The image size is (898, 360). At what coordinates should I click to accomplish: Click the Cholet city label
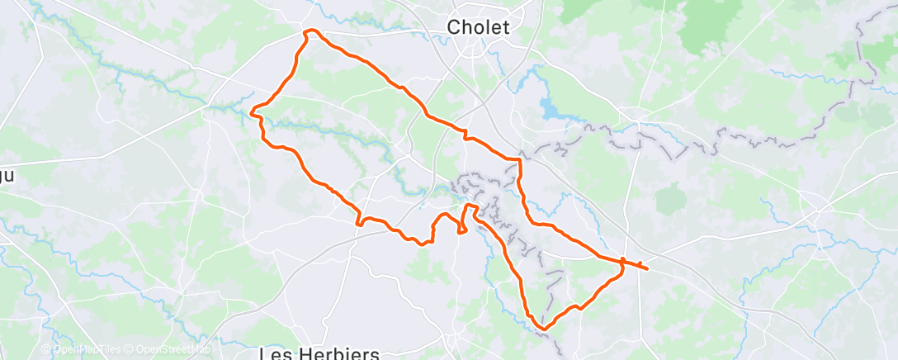[x=478, y=27]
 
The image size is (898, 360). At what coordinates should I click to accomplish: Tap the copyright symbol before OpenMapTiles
[x=46, y=349]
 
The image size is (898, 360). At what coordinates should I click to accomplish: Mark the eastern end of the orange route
[x=646, y=268]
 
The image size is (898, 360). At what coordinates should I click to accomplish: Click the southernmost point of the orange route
[x=542, y=329]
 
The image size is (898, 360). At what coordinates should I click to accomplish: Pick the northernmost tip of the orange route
[x=311, y=31]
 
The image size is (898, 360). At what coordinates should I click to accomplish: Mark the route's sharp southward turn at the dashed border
[x=520, y=159]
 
